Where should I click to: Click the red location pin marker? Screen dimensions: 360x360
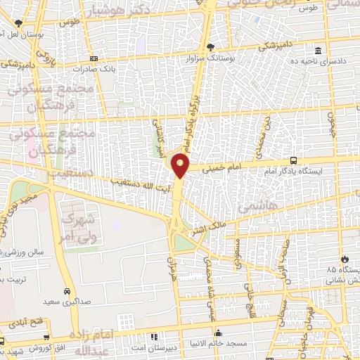181,166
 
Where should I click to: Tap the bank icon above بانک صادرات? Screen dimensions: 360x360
94,58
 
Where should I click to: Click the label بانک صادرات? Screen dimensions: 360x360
94,70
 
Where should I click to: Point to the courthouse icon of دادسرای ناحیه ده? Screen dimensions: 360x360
319,52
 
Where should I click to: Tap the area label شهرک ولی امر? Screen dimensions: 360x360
76,229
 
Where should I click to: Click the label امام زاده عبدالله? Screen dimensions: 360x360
89,341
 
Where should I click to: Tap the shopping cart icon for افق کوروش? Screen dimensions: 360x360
3,340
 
